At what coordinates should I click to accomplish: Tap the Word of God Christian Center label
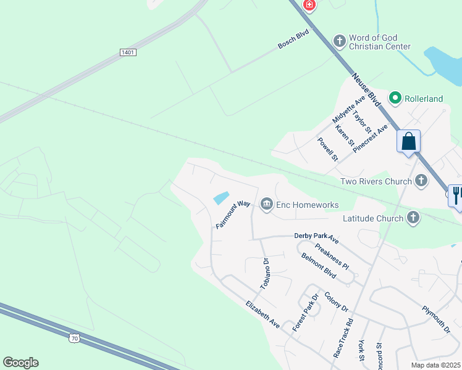pyautogui.click(x=379, y=42)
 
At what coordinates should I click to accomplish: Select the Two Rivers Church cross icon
pyautogui.click(x=421, y=181)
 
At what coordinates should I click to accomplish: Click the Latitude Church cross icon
pyautogui.click(x=413, y=217)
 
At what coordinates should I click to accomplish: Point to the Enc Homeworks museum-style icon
pyautogui.click(x=267, y=203)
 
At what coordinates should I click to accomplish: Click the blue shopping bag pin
pyautogui.click(x=409, y=142)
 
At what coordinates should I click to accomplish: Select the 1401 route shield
pyautogui.click(x=128, y=52)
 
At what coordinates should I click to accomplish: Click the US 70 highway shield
pyautogui.click(x=74, y=338)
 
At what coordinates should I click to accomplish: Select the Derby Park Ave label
pyautogui.click(x=317, y=237)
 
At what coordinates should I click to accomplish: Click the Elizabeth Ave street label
pyautogui.click(x=262, y=314)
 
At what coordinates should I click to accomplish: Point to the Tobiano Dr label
pyautogui.click(x=265, y=274)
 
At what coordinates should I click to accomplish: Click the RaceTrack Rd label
pyautogui.click(x=343, y=338)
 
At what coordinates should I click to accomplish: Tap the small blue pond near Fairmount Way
pyautogui.click(x=221, y=198)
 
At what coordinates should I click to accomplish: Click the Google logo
pyautogui.click(x=20, y=363)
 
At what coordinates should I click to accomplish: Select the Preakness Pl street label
pyautogui.click(x=332, y=257)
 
